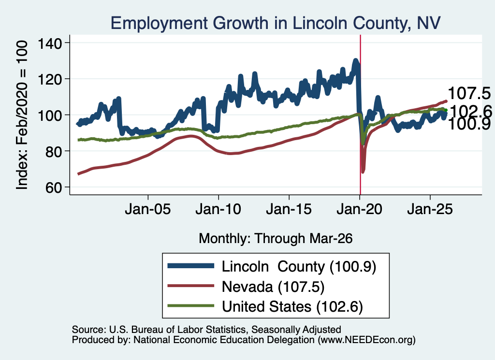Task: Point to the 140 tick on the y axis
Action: coord(50,43)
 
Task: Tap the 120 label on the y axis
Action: coord(50,79)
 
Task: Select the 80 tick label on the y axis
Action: coord(53,151)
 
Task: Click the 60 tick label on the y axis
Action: coord(53,187)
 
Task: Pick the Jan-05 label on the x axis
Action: coord(148,209)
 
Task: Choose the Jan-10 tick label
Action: coord(218,209)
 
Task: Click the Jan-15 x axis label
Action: coord(289,209)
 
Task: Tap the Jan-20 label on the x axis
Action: coord(359,209)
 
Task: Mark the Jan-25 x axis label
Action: coord(430,209)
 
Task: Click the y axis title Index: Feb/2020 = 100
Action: coord(22,115)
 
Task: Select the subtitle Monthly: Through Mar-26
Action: coord(276,239)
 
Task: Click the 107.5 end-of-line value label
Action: coord(469,93)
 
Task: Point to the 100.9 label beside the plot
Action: coord(469,124)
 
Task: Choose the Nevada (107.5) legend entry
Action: coord(273,287)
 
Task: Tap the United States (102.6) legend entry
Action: coord(292,307)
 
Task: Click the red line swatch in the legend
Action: coord(190,286)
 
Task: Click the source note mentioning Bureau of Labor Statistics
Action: coord(206,330)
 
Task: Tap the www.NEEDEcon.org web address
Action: coord(366,340)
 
